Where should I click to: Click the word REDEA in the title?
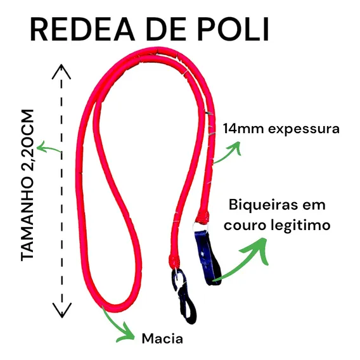point(82,29)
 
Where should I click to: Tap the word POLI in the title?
point(233,29)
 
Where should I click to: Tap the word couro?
point(245,226)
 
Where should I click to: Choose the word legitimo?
point(300,226)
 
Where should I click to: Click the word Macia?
point(162,338)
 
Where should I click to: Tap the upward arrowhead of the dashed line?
point(61,72)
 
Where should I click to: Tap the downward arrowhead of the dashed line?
point(62,310)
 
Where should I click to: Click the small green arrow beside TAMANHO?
point(48,148)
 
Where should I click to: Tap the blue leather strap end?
point(208,257)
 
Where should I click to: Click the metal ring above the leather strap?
point(200,226)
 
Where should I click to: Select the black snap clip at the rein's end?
point(185,296)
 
